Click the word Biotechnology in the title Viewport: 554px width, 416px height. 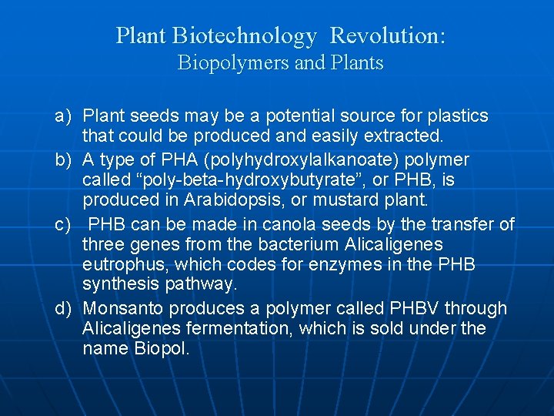[x=245, y=35]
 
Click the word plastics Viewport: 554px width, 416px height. [x=457, y=116]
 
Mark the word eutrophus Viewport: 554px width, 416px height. [x=123, y=264]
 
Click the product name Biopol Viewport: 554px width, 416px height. [x=159, y=348]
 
